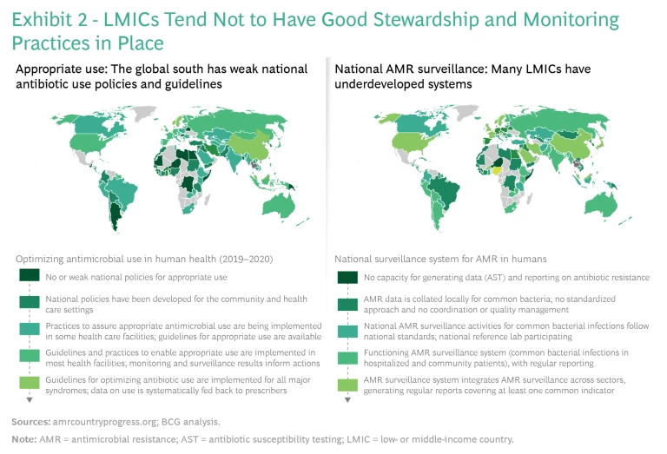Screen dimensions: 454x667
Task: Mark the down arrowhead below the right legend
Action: coord(344,402)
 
